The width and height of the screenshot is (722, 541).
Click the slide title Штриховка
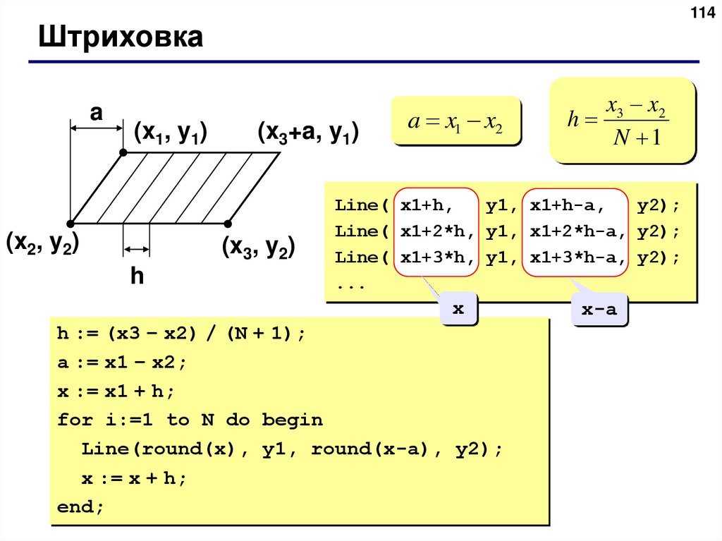click(121, 37)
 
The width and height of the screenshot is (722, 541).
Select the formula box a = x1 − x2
click(456, 121)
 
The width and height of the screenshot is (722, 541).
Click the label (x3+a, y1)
click(308, 132)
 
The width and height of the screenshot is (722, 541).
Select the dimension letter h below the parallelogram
click(136, 276)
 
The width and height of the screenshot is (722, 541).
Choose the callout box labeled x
click(458, 309)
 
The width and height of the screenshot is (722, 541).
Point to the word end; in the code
click(80, 507)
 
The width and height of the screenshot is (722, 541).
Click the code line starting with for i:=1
click(190, 420)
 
